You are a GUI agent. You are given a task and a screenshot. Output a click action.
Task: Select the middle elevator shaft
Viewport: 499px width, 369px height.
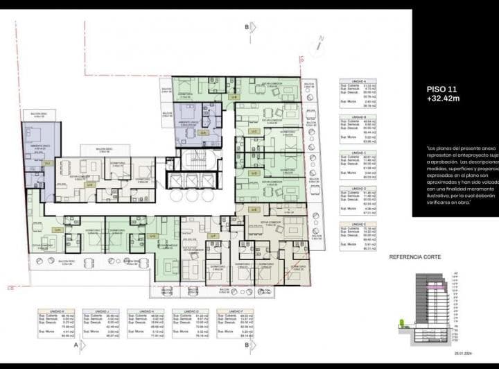click(191, 182)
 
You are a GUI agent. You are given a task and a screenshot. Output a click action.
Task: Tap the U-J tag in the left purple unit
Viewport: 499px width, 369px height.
click(48, 163)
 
